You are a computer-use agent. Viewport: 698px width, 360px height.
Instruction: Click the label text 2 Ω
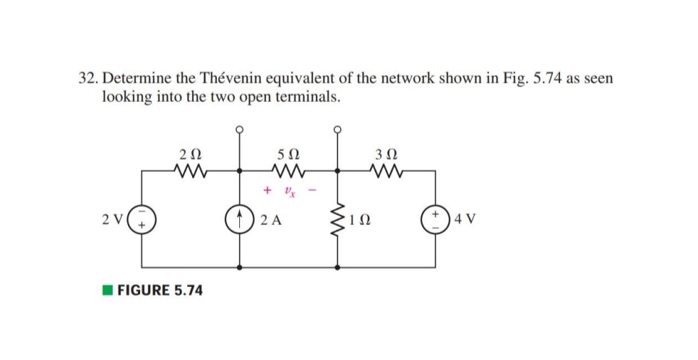click(190, 153)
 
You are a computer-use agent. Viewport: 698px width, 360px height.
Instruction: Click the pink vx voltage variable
click(288, 192)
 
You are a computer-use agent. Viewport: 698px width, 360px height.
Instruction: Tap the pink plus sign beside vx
click(267, 191)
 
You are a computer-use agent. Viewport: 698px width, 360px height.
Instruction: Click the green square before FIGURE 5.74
click(107, 291)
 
